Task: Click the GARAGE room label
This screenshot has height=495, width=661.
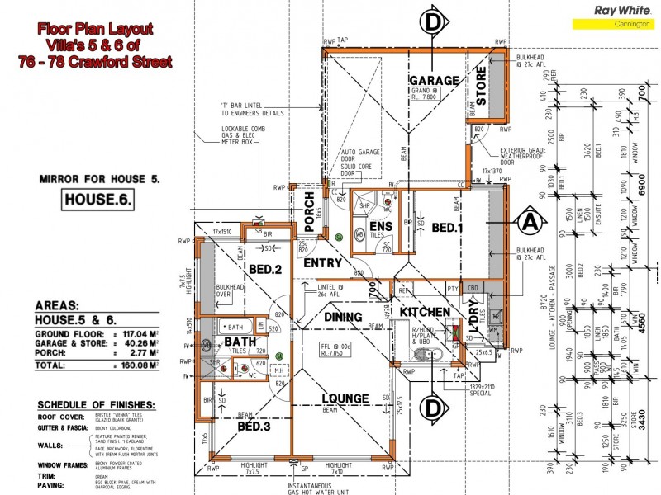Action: point(434,80)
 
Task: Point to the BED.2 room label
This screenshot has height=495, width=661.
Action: point(266,270)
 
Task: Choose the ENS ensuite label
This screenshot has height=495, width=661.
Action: point(380,226)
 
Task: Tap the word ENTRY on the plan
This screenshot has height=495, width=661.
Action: point(322,263)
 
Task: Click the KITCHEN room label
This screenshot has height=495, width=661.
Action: point(425,313)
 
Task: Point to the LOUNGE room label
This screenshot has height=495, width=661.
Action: point(345,398)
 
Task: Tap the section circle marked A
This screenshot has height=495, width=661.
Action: point(530,222)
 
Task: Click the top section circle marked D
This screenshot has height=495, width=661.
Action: point(434,20)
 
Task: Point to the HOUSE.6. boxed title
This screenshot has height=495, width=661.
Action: point(98,199)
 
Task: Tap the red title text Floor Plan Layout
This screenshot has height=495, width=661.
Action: point(94,28)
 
